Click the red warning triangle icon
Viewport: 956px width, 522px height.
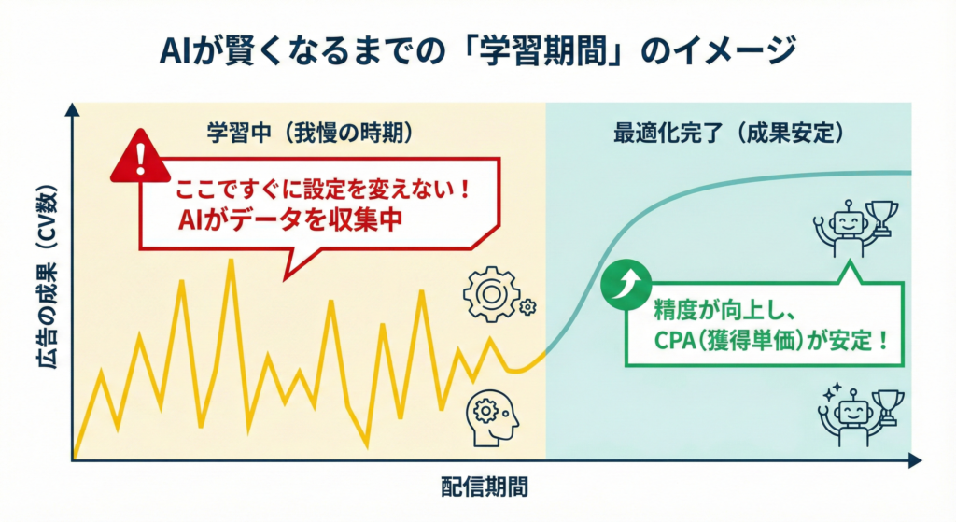click(140, 157)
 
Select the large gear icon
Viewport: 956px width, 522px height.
click(491, 294)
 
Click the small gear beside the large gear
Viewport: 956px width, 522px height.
click(527, 306)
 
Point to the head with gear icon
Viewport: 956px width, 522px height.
click(492, 417)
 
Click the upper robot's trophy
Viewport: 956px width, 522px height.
click(881, 218)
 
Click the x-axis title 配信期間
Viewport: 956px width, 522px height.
click(485, 487)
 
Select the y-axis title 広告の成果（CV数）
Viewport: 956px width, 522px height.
click(49, 276)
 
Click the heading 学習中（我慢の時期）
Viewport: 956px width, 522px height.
click(310, 132)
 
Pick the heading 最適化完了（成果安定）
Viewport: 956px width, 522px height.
click(729, 133)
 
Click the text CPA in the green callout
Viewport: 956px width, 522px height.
click(674, 341)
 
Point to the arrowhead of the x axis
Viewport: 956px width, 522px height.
click(915, 461)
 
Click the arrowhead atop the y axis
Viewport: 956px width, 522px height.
click(72, 110)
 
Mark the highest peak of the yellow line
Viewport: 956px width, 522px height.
click(231, 260)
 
